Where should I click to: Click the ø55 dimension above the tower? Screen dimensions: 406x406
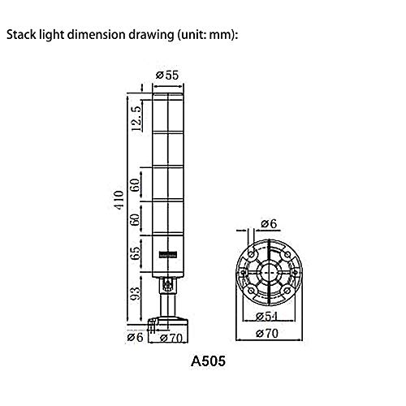point(167,75)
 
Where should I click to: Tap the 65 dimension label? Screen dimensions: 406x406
point(136,251)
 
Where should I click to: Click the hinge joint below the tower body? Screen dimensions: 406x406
point(168,283)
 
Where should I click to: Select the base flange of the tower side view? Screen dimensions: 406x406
point(168,322)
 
